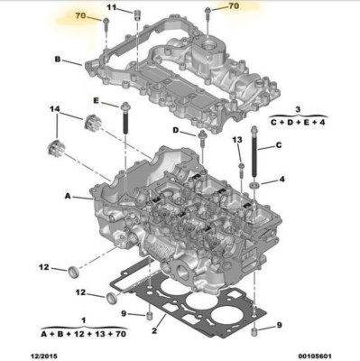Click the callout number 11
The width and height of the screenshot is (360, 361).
point(112,7)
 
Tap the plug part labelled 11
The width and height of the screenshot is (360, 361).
point(137,14)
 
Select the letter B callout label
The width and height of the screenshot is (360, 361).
point(58,60)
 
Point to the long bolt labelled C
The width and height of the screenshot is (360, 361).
point(255,153)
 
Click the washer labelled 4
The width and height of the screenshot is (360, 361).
point(255,185)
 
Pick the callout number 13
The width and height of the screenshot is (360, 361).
point(237,140)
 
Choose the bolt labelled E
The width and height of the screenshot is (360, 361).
point(125,119)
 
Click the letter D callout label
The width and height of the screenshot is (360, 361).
point(176,130)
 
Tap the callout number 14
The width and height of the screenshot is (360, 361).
point(56,109)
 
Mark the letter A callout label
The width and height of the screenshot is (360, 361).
point(68,196)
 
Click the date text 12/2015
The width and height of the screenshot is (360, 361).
point(45,356)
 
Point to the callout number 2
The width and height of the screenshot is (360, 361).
point(154,331)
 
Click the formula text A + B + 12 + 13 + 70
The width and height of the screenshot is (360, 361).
point(83,334)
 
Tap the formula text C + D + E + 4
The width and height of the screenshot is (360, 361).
point(298,123)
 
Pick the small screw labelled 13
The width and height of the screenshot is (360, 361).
point(241,171)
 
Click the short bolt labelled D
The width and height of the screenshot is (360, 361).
point(202,139)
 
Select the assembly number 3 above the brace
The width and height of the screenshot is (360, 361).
point(298,109)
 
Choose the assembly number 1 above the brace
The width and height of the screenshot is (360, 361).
point(84,320)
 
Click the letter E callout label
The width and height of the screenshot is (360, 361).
point(96,101)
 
